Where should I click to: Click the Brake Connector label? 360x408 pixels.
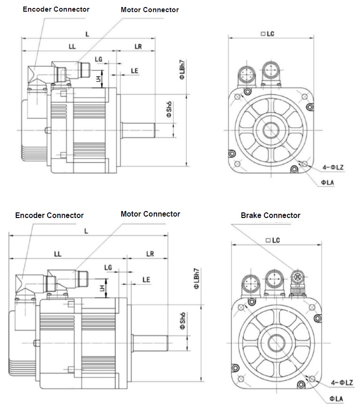(270, 215)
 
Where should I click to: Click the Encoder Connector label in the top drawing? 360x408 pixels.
(56, 9)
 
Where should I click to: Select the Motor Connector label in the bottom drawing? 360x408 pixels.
(150, 214)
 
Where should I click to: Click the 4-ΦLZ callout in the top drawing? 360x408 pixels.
(332, 167)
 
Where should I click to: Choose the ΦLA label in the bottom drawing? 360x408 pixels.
(336, 398)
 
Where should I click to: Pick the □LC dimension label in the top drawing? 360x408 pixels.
(270, 34)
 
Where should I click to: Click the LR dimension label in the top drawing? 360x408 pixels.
(138, 46)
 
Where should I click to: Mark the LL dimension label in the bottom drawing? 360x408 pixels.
(58, 254)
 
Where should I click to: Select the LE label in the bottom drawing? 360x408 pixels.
(146, 280)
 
